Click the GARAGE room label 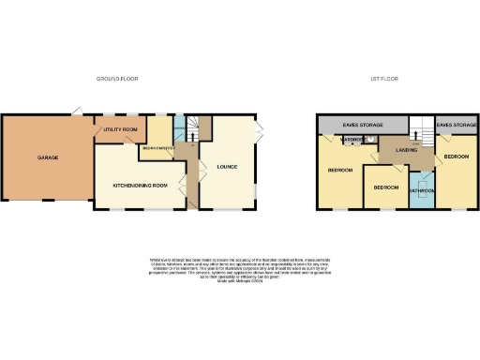48,157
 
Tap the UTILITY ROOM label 121,128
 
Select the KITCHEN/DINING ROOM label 140,186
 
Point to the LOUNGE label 228,168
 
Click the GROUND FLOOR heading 117,79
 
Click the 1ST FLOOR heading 383,79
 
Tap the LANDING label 406,150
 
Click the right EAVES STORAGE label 456,124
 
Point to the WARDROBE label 352,140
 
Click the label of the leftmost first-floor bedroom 339,171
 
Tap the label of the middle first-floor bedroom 385,187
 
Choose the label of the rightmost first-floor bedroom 457,157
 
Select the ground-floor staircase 192,130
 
